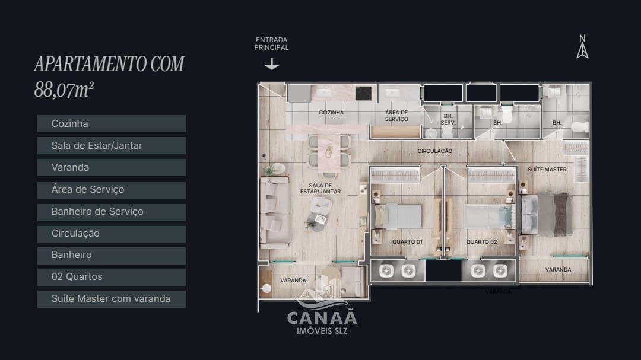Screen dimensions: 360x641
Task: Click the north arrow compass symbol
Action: click(x=582, y=47)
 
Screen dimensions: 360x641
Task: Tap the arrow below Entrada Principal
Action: click(x=272, y=64)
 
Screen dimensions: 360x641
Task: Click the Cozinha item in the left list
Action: click(x=112, y=124)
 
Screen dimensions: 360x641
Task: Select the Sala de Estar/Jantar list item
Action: click(x=112, y=146)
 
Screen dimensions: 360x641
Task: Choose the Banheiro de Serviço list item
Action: click(x=112, y=212)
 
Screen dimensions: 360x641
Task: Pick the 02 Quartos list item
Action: click(x=112, y=277)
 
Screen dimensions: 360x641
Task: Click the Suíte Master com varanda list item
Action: click(x=112, y=299)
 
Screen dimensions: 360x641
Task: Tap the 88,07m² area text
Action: click(x=64, y=90)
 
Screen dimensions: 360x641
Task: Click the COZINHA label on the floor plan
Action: click(x=331, y=113)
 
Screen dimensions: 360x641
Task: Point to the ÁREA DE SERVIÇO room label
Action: click(x=396, y=116)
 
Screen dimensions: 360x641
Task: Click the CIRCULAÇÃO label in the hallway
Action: click(x=434, y=151)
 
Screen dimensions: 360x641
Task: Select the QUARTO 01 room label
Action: click(x=407, y=242)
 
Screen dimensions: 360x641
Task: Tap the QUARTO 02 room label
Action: click(x=481, y=242)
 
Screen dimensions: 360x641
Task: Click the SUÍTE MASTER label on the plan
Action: click(x=547, y=170)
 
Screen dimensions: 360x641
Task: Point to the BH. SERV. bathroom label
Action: click(x=448, y=119)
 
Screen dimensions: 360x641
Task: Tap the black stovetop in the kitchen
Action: click(x=363, y=93)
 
